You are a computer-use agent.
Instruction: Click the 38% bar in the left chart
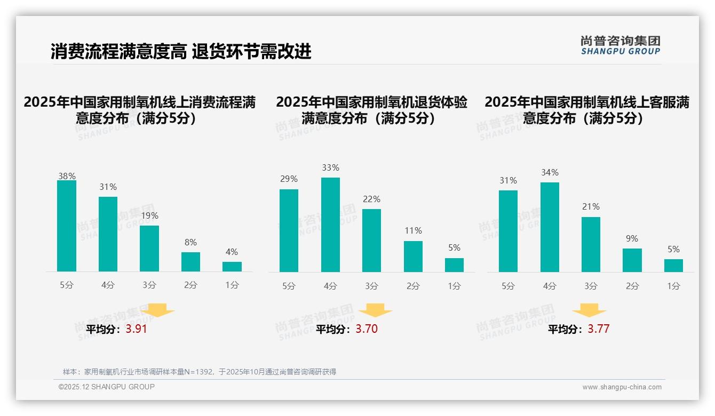point(67,226)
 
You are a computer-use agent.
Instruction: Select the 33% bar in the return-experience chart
point(330,225)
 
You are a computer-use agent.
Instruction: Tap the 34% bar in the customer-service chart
point(550,227)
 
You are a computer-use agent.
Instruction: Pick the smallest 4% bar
point(232,267)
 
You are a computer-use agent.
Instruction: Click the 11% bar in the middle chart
point(413,257)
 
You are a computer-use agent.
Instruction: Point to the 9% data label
point(632,238)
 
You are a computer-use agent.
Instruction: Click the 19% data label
point(149,216)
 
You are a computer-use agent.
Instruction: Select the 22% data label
point(371,199)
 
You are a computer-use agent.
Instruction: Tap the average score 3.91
point(136,329)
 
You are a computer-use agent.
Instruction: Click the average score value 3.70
point(367,329)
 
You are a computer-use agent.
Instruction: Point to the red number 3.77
point(598,329)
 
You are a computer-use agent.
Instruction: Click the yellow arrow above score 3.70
point(375,310)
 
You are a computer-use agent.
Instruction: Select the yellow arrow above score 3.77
point(589,310)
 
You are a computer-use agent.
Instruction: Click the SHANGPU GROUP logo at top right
point(620,45)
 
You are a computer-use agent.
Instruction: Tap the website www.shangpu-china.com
point(622,387)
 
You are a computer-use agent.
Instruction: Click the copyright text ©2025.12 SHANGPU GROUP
point(107,387)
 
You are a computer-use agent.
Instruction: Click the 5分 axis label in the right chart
point(508,286)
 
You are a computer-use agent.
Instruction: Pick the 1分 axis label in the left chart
point(232,285)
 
